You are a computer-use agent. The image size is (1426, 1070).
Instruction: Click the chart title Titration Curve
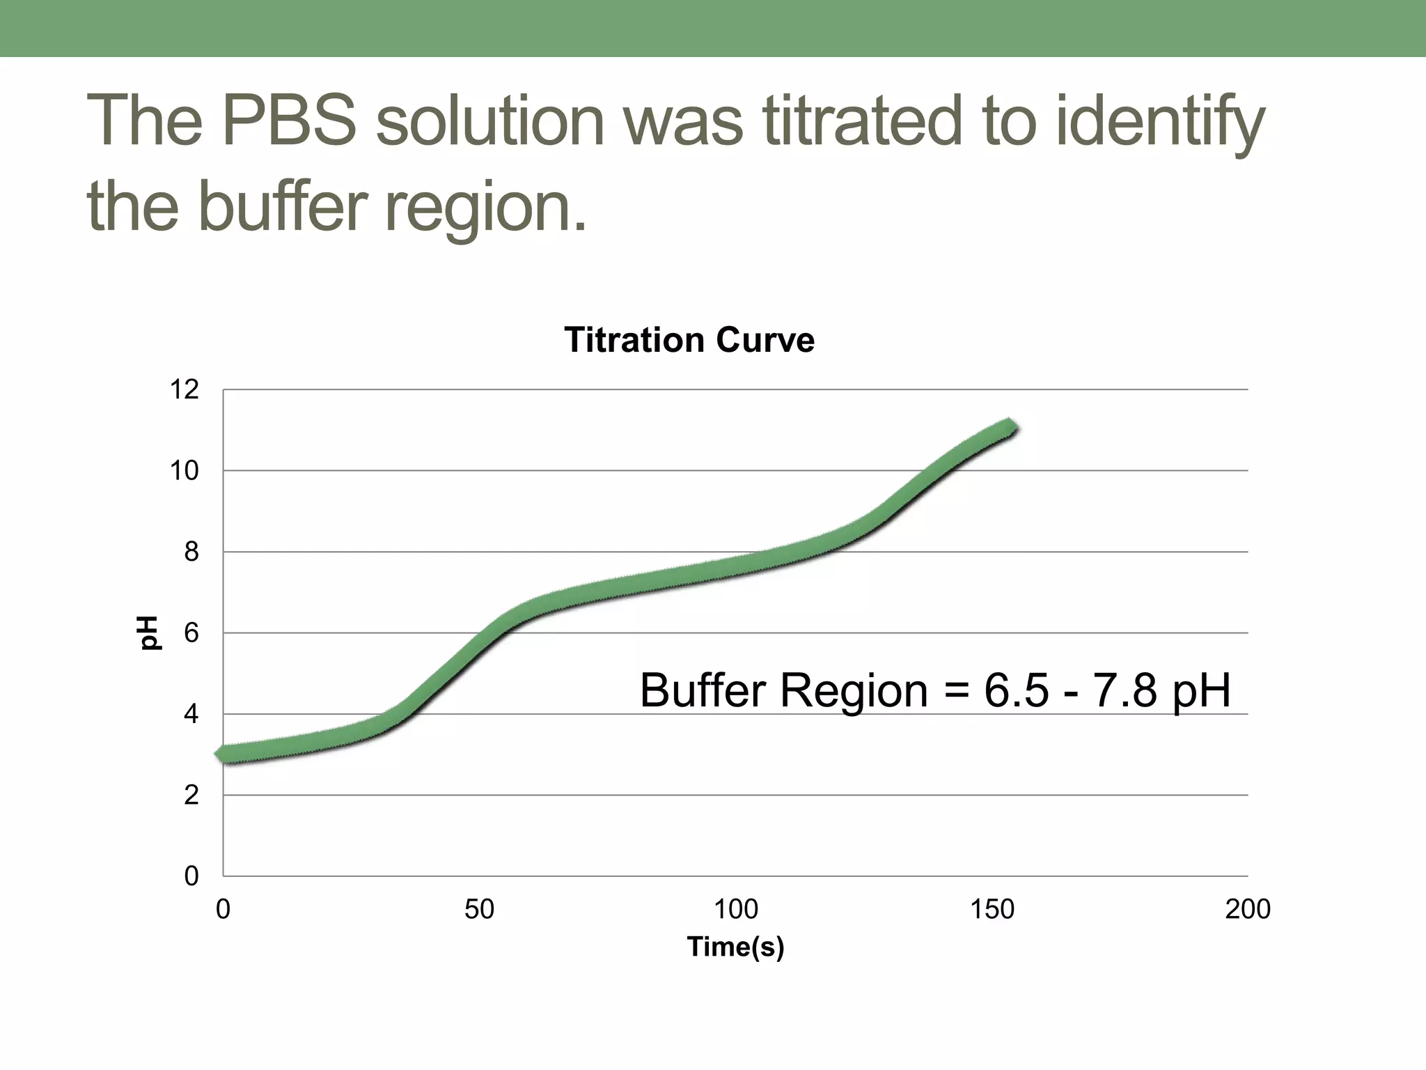[689, 341]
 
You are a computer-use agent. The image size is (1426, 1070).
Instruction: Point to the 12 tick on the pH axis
[185, 390]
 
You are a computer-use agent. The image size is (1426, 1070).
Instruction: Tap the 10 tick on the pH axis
[185, 472]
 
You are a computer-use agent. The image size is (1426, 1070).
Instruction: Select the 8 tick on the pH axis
[191, 552]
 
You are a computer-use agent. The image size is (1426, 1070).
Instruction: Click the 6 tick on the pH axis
[191, 633]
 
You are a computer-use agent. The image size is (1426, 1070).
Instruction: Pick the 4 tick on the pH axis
[191, 715]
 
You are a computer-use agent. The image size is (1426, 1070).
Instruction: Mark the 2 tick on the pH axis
[191, 796]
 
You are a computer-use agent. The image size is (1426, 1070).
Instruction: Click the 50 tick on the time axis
[479, 910]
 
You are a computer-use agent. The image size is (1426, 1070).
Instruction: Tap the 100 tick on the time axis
[735, 910]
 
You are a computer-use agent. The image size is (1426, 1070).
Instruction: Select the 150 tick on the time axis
[992, 910]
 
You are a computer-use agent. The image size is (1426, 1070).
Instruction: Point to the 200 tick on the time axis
[1248, 910]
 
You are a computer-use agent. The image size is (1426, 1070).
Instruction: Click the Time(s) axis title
[735, 947]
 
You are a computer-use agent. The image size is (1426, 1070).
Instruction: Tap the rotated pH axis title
[149, 633]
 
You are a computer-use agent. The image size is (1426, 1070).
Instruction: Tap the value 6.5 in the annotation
[1016, 691]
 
